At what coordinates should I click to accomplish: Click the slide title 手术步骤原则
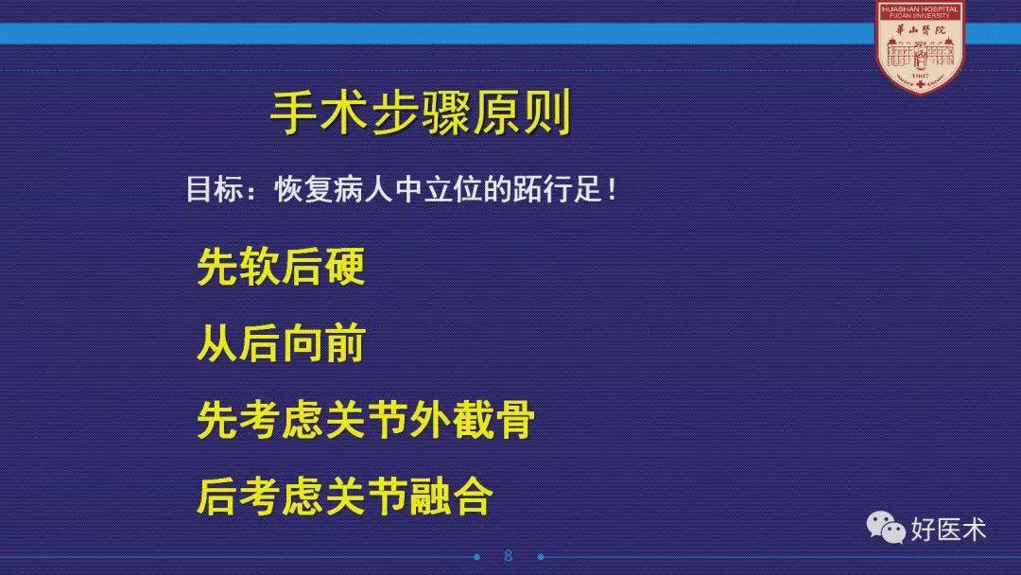coord(421,112)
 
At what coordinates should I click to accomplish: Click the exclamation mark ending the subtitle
coord(612,189)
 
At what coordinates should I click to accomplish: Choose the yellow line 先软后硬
coord(281,267)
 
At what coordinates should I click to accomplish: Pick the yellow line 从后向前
coord(281,343)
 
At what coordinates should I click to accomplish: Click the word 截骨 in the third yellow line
coord(493,419)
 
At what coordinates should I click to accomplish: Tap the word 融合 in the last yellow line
coord(450,496)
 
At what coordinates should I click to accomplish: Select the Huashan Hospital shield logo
coord(920,47)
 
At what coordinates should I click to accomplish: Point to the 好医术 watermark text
coord(948,530)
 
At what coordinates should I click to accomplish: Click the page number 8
coord(509,556)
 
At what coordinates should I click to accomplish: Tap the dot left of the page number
coord(477,557)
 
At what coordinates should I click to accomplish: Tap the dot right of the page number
coord(541,557)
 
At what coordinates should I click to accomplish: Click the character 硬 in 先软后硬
coord(344,267)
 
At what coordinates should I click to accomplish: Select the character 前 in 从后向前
coord(344,343)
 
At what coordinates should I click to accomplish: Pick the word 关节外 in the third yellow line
coord(387,419)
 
